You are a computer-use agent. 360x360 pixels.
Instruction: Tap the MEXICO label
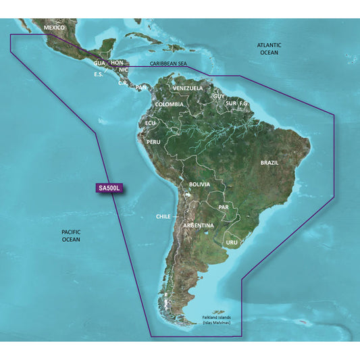(55, 28)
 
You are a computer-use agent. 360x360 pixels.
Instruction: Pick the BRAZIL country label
(274, 163)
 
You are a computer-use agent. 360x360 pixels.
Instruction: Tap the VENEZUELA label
(188, 88)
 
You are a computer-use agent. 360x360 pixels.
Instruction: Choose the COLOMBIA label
(169, 105)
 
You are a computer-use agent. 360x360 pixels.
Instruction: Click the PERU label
(153, 142)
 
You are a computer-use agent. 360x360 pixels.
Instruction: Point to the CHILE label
(163, 217)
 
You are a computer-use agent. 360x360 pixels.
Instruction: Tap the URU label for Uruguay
(232, 241)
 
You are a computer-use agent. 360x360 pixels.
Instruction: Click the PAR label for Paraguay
(225, 205)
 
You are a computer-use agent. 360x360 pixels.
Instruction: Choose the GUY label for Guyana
(219, 97)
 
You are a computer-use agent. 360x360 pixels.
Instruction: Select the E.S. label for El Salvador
(99, 74)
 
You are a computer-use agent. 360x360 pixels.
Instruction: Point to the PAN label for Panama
(141, 86)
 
